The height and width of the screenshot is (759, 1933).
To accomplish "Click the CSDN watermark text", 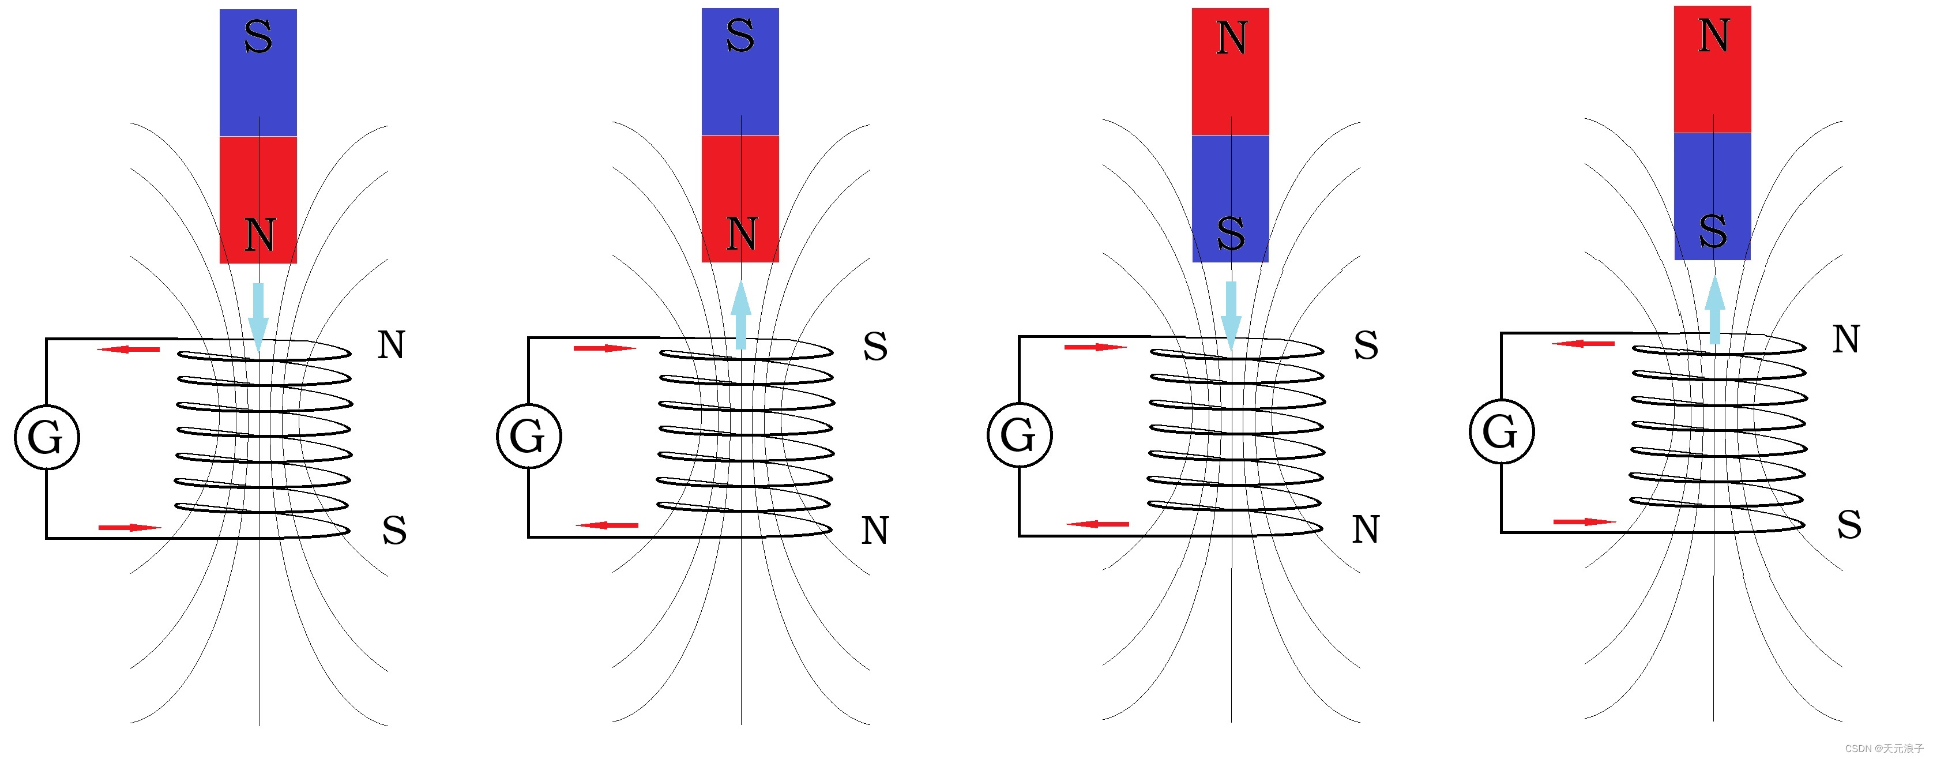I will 1883,749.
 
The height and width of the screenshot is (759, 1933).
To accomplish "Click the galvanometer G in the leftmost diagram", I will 47,437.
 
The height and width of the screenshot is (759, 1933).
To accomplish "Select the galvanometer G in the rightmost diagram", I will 1500,431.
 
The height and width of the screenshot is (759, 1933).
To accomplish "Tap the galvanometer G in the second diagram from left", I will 528,436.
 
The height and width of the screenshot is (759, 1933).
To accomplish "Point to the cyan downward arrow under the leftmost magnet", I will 258,316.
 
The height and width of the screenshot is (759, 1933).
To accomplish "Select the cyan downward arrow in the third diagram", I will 1231,314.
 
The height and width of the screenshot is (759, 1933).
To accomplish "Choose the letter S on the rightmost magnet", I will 1713,231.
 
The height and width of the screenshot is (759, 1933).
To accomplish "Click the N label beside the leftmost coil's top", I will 391,345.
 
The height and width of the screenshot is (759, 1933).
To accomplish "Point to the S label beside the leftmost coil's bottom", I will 394,530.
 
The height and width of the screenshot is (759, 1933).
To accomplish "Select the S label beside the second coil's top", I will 875,347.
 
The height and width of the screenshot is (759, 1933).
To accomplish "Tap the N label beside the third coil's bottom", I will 1366,530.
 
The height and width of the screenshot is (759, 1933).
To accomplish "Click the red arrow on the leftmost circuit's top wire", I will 129,349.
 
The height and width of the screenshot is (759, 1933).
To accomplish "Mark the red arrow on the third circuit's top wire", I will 1095,347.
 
